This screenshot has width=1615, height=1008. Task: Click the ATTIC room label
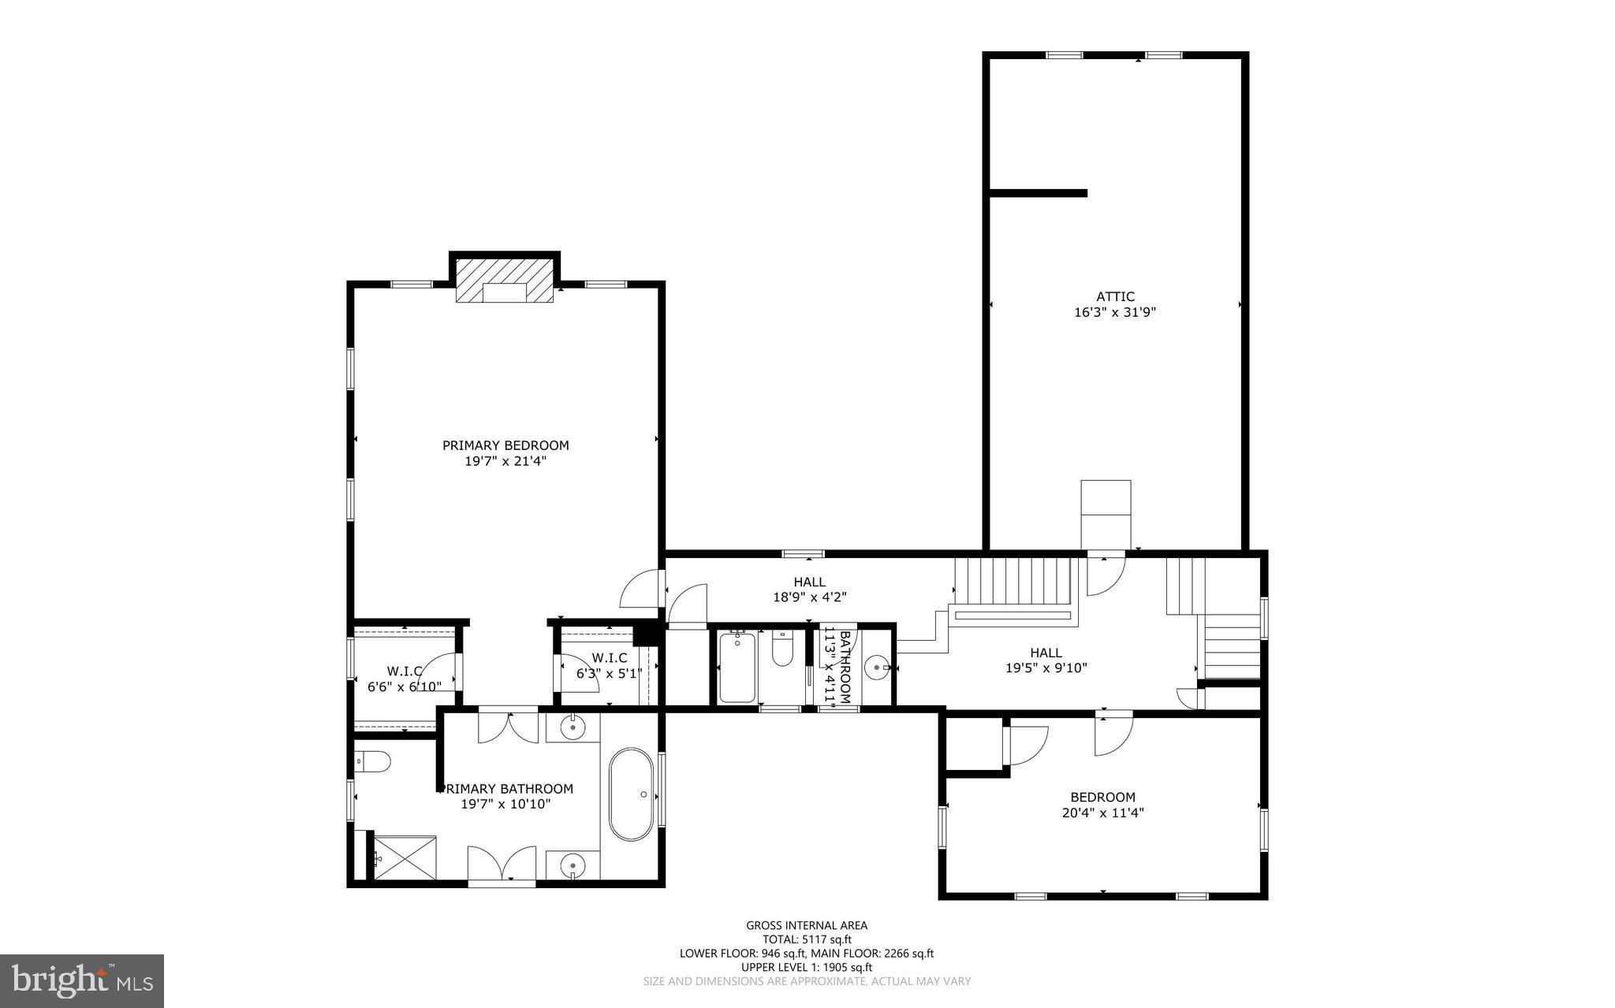[x=1115, y=297]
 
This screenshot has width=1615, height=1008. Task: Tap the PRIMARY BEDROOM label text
[x=505, y=445]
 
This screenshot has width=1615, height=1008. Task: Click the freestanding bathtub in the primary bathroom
[x=631, y=794]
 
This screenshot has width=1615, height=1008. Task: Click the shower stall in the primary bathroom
[x=404, y=857]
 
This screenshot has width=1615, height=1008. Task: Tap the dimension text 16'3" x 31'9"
[x=1115, y=312]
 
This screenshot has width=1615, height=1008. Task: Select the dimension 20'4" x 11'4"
[x=1102, y=813]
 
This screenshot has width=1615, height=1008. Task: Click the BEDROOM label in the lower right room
[x=1102, y=797]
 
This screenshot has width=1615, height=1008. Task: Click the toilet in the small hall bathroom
[x=782, y=650]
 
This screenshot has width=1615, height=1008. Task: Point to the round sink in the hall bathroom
[x=877, y=668]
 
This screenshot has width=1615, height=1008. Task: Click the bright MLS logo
[x=82, y=980]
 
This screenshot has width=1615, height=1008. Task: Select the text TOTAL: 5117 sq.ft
[x=807, y=939]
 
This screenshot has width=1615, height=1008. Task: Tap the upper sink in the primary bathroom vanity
[x=573, y=728]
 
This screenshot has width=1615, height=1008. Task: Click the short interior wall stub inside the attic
[x=1038, y=193]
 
